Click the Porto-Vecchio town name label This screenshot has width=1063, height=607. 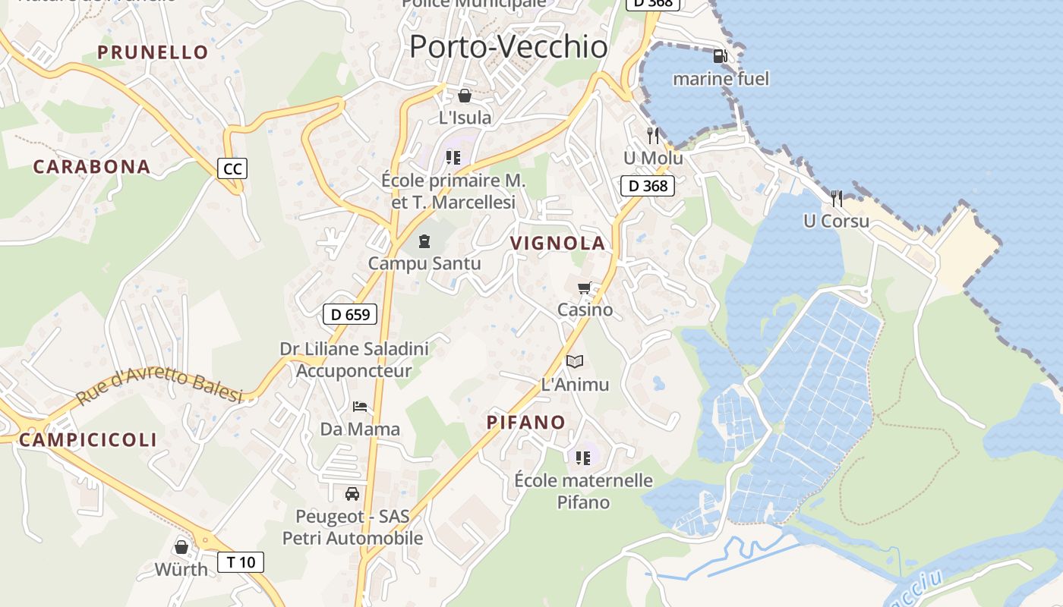click(508, 47)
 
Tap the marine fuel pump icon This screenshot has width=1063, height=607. click(720, 56)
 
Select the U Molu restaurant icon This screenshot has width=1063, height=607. click(653, 136)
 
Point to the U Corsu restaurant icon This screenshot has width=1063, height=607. click(837, 199)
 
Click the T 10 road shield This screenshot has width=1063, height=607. click(241, 562)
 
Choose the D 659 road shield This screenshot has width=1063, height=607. click(350, 314)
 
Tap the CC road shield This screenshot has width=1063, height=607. click(232, 168)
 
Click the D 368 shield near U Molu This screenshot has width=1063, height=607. click(648, 186)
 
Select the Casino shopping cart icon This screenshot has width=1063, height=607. click(584, 288)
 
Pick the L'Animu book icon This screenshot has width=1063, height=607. click(575, 362)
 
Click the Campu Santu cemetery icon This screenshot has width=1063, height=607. click(424, 241)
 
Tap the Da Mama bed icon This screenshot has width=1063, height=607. click(360, 407)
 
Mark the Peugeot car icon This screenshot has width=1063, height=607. click(352, 494)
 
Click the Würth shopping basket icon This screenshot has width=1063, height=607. click(181, 546)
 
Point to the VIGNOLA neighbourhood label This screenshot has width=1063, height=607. click(558, 244)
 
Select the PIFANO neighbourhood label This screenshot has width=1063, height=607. click(526, 423)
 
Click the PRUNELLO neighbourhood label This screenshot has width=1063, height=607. click(153, 52)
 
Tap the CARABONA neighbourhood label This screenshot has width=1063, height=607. click(92, 167)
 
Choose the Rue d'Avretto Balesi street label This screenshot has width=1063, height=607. click(159, 385)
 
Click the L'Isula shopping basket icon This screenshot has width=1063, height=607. click(465, 96)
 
